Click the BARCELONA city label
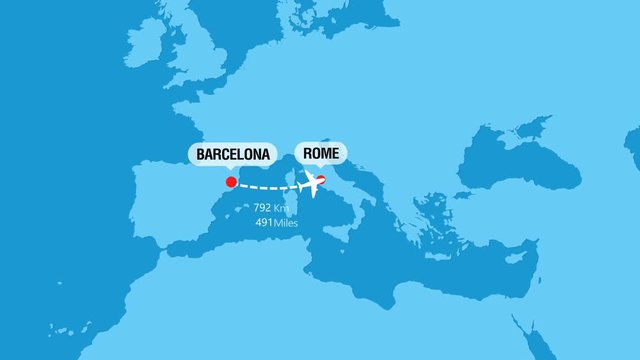point(233,155)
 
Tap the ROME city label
point(321,154)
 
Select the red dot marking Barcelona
point(231,182)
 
